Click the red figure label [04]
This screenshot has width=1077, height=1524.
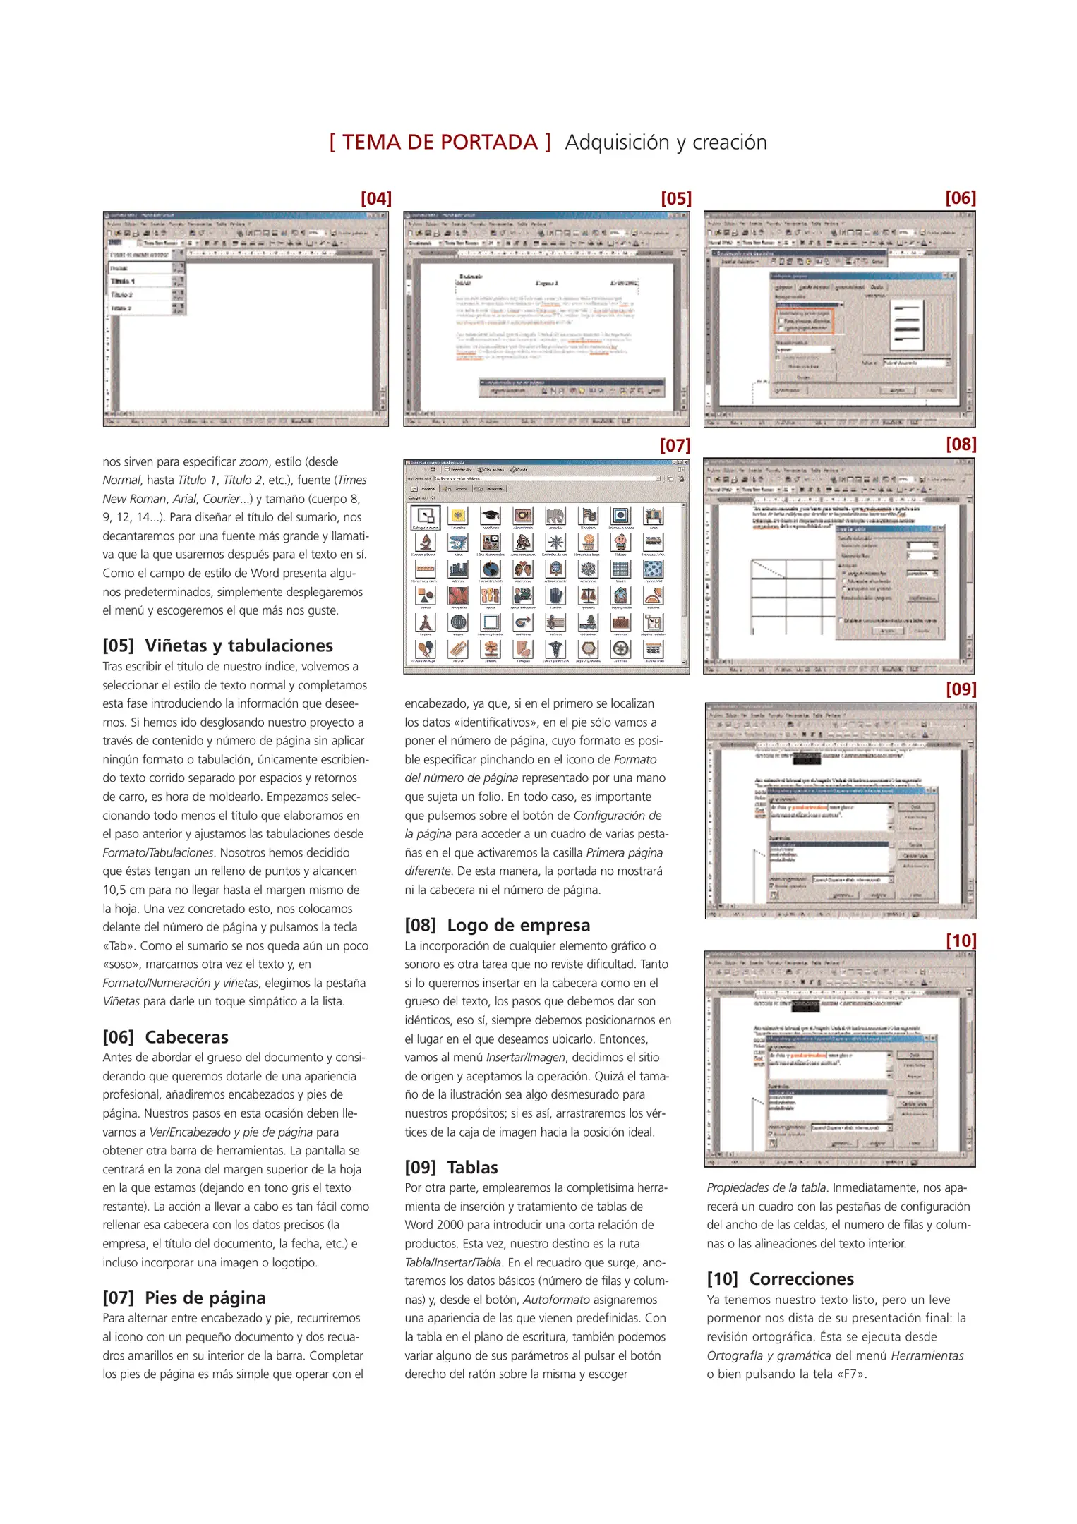click(x=375, y=199)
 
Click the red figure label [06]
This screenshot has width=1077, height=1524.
click(x=960, y=198)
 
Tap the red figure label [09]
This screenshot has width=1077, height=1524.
click(x=961, y=689)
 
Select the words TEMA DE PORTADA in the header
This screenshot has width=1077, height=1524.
click(x=440, y=143)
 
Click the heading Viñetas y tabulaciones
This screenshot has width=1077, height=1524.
click(x=239, y=646)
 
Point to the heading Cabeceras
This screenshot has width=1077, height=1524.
click(x=186, y=1037)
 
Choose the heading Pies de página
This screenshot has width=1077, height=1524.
click(x=205, y=1298)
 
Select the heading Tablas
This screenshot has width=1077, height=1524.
click(x=472, y=1168)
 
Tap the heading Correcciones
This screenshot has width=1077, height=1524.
click(x=801, y=1279)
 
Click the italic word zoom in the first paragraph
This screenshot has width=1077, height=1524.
click(x=253, y=462)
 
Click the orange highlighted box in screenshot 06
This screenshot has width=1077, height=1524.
click(x=805, y=320)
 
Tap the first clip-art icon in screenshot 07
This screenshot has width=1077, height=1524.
click(x=425, y=516)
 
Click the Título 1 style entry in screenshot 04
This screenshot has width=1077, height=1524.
click(x=124, y=281)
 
